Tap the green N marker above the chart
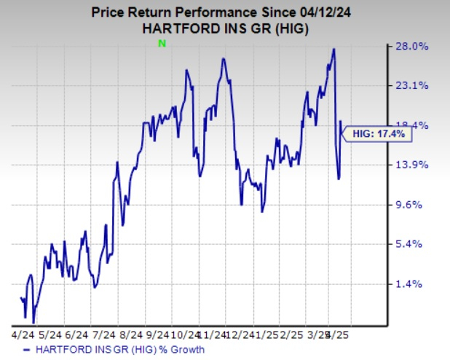(162, 44)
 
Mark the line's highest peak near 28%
(333, 50)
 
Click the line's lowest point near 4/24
(33, 321)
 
